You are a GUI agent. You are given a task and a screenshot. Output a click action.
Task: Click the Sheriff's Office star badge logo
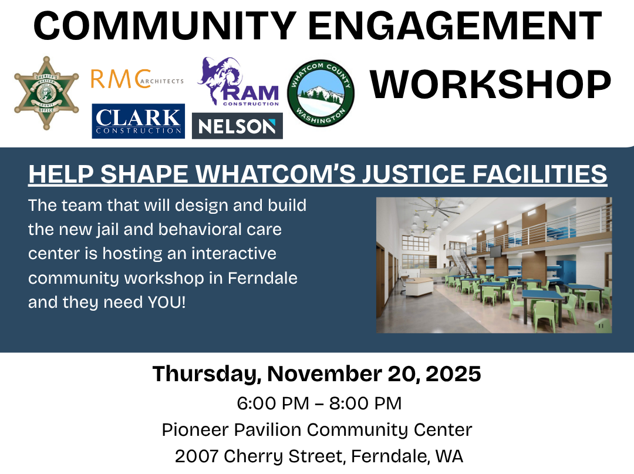pyautogui.click(x=46, y=93)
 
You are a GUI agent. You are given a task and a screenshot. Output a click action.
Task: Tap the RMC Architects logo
pyautogui.click(x=137, y=79)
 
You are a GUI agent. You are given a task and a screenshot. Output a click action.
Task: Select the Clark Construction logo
pyautogui.click(x=139, y=121)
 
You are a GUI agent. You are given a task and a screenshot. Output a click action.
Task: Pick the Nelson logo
pyautogui.click(x=237, y=126)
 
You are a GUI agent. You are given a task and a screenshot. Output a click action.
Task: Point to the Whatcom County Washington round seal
pyautogui.click(x=321, y=93)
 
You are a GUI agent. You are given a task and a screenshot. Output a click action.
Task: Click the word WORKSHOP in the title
pyautogui.click(x=490, y=85)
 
